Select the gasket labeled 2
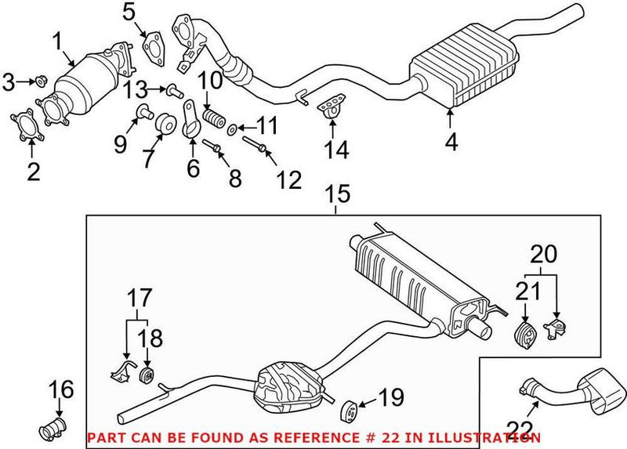[26, 128]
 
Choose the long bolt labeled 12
[257, 145]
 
